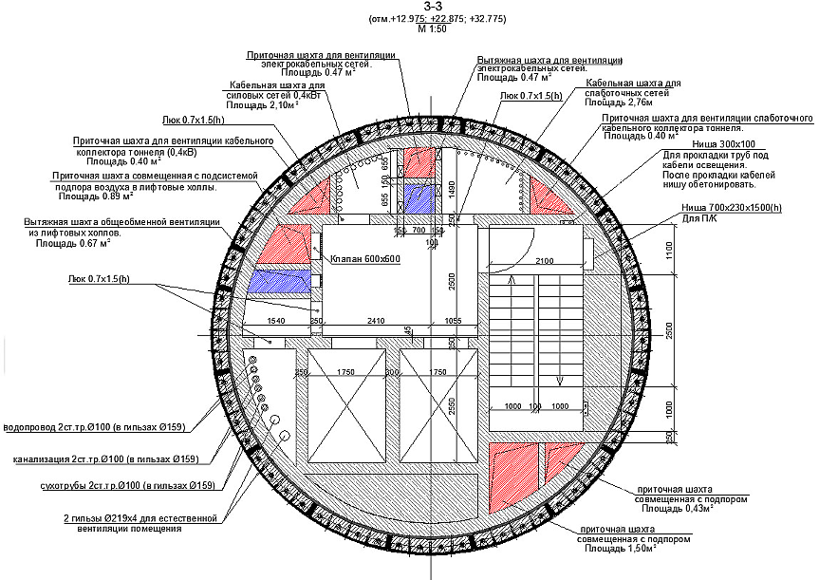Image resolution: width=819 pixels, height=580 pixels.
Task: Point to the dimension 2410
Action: tap(376, 321)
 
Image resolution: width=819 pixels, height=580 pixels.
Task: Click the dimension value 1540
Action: tap(276, 322)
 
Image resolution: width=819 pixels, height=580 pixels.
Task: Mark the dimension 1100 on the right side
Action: tap(670, 253)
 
